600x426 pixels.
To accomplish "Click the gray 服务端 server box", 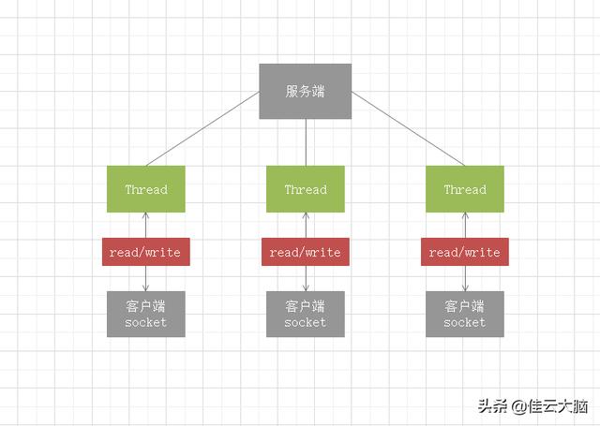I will (305, 91).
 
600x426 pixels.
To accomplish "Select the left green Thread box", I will (146, 189).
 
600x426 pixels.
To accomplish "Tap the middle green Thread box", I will (306, 189).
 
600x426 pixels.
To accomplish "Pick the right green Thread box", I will (465, 189).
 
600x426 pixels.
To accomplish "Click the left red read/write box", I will (146, 252).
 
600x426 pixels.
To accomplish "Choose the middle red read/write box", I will (306, 252).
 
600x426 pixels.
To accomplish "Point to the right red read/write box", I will (465, 252).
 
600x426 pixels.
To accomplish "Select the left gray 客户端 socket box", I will (146, 314).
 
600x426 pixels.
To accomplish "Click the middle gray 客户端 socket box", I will (306, 314).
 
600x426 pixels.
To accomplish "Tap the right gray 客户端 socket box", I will (465, 314).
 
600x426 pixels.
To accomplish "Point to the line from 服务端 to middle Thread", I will (306, 142).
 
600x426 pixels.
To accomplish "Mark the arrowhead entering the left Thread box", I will (146, 216).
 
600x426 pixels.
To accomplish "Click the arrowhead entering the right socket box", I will (465, 287).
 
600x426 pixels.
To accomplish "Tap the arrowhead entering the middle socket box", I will (306, 287).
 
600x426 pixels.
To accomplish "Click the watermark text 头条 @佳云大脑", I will (532, 406).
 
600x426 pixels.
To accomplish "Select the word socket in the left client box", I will (146, 322).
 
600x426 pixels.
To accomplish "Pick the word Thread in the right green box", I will (465, 189).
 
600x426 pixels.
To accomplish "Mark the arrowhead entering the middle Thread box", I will (306, 216).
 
